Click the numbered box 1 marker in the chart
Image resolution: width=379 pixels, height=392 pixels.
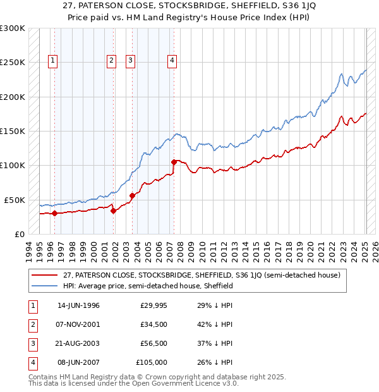click(52, 61)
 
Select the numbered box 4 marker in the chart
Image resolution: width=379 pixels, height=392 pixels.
click(172, 61)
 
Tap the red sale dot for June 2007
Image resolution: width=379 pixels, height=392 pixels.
click(173, 162)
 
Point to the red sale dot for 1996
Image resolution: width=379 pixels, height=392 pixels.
click(54, 213)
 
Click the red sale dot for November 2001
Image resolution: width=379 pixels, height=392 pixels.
click(113, 211)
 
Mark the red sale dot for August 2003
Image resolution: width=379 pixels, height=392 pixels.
click(133, 195)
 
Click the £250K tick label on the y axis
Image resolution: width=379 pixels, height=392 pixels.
click(13, 63)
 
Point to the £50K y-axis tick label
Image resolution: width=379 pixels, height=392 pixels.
click(15, 200)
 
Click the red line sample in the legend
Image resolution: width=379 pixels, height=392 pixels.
click(44, 275)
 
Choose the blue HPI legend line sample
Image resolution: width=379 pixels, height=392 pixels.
click(44, 286)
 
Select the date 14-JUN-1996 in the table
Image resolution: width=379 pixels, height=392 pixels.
click(78, 305)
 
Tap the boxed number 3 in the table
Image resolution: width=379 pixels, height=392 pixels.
click(32, 343)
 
